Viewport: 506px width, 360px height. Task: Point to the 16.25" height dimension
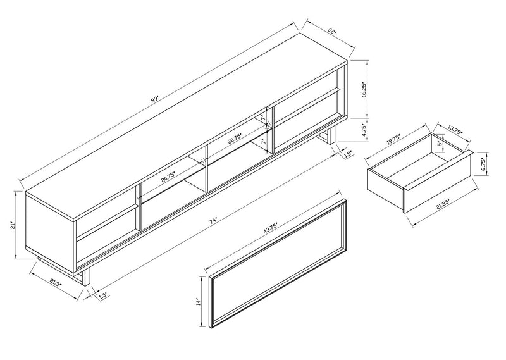[363, 89]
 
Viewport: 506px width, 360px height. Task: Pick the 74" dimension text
[214, 220]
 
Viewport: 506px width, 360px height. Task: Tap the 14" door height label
[198, 302]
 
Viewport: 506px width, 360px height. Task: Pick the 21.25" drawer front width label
[447, 208]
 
